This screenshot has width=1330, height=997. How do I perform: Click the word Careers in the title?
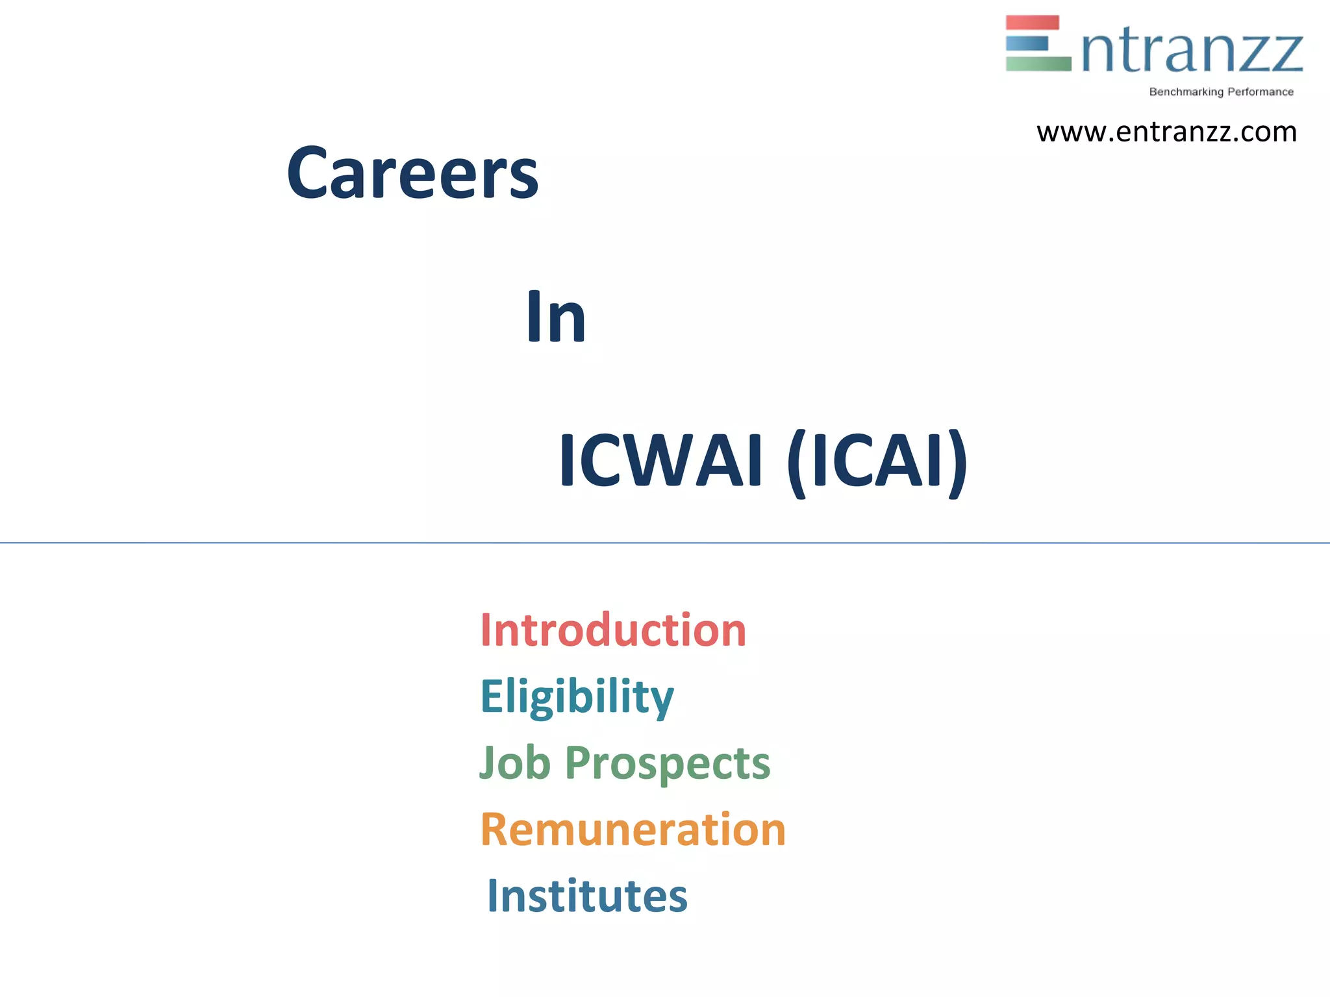412,173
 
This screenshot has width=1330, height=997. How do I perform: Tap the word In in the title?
556,317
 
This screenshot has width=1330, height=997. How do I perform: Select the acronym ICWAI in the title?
660,460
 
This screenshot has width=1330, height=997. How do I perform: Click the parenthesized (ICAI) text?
877,462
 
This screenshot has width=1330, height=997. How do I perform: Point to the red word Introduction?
613,630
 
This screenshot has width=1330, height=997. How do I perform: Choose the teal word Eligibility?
577,697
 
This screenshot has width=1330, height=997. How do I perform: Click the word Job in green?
515,763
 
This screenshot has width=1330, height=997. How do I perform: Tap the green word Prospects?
668,764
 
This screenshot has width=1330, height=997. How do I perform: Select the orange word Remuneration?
633,830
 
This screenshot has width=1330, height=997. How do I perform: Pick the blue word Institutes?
587,896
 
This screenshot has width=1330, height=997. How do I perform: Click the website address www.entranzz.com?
1166,132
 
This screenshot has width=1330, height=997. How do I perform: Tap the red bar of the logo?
1032,23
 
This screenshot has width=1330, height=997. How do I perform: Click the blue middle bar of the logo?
1027,43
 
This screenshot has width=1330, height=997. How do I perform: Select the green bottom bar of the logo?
1038,64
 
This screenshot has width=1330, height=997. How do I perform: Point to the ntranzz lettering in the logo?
1192,52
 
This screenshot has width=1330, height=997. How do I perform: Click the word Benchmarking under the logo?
1186,92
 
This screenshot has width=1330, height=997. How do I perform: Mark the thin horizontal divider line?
665,542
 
